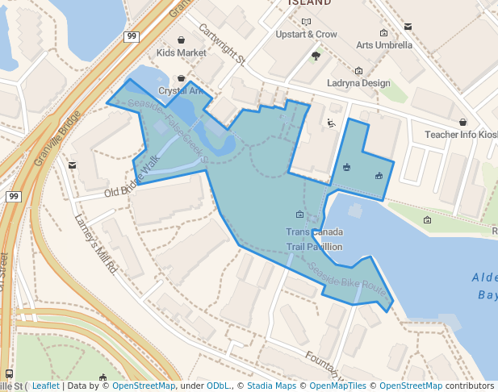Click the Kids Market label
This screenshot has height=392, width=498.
181,53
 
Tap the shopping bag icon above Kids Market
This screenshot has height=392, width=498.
181,40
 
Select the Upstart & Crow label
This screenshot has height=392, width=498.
306,35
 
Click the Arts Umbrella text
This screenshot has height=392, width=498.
384,45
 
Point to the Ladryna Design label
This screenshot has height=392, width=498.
358,83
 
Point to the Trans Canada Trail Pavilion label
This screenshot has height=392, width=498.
314,240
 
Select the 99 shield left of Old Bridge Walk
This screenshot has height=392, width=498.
13,196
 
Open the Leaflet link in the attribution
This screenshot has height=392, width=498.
45,386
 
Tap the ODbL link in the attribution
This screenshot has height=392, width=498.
218,386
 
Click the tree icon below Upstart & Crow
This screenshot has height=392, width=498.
316,56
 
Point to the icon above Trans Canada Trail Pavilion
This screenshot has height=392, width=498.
300,215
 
